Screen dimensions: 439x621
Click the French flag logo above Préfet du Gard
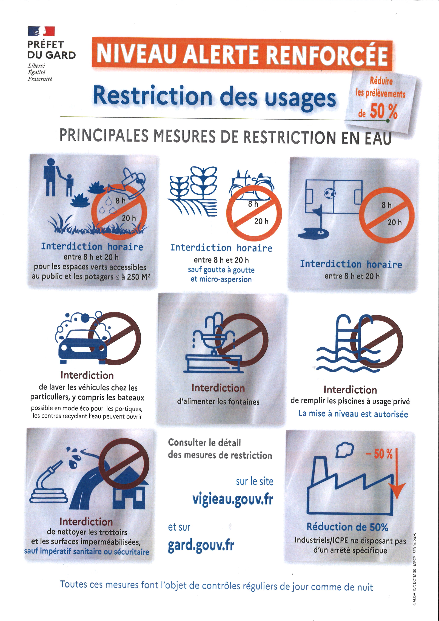tap(41, 31)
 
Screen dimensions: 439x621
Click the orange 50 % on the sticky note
tap(384, 111)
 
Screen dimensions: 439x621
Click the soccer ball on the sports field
tap(330, 193)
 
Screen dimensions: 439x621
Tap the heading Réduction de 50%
tap(347, 527)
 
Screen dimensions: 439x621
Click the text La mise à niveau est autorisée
tap(353, 414)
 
